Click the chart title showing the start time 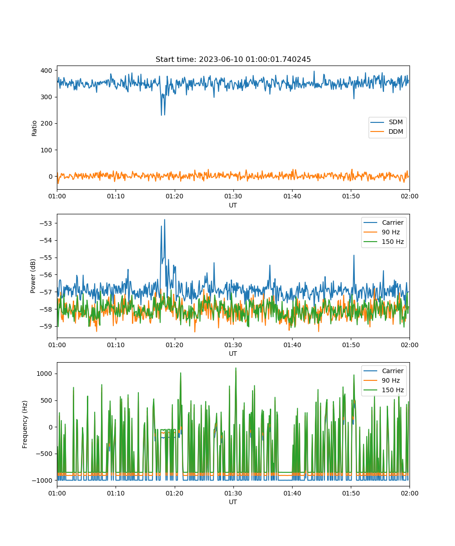click(233, 59)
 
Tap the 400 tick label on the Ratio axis click(46, 71)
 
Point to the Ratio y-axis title click(34, 128)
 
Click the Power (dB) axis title click(33, 276)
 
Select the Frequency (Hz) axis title click(25, 425)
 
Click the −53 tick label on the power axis click(46, 223)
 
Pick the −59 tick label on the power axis click(46, 326)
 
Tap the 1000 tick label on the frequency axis click(44, 374)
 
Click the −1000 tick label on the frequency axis click(42, 480)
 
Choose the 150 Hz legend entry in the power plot click(384, 242)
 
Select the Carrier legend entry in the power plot click(384, 222)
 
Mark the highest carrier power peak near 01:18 click(164, 220)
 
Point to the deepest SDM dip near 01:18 click(162, 115)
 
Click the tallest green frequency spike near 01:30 click(236, 368)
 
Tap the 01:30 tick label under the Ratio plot click(233, 196)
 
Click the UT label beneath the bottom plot click(233, 502)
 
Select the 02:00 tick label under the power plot click(409, 345)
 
